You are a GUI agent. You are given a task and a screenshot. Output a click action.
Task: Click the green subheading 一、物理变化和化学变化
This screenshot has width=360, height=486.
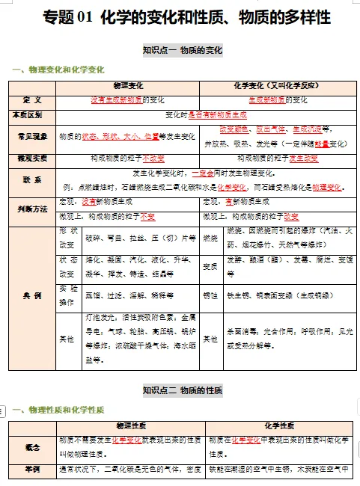click(x=58, y=70)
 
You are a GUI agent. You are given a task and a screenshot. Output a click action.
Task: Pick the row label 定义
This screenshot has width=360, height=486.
click(x=32, y=99)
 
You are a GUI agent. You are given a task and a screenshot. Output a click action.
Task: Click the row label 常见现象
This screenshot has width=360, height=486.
click(x=32, y=137)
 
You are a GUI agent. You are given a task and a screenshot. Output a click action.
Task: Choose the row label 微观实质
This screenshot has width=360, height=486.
click(x=32, y=159)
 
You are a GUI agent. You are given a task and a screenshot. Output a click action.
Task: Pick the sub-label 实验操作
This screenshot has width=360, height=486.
click(x=68, y=296)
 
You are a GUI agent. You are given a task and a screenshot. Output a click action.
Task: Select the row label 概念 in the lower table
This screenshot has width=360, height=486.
click(x=32, y=446)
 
